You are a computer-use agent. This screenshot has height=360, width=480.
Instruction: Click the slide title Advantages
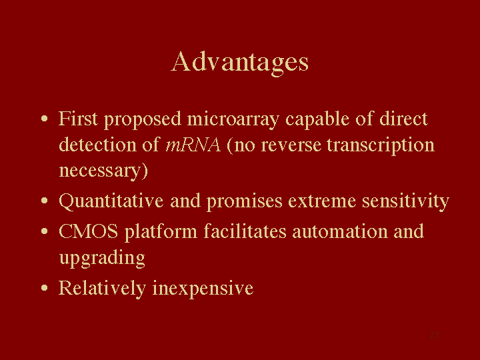pyautogui.click(x=240, y=63)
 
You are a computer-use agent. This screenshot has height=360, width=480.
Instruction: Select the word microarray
pyautogui.click(x=233, y=120)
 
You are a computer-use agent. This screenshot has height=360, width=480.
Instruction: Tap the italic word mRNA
pyautogui.click(x=193, y=145)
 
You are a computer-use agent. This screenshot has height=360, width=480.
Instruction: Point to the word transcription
pyautogui.click(x=381, y=146)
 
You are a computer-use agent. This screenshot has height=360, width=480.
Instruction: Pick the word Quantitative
pyautogui.click(x=111, y=202)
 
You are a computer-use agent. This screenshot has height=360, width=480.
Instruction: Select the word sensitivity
pyautogui.click(x=405, y=203)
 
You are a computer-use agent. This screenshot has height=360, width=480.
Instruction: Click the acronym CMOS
pyautogui.click(x=88, y=231)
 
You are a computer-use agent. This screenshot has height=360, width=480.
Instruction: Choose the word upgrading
pyautogui.click(x=102, y=259)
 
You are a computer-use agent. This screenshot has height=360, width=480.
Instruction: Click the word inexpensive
pyautogui.click(x=203, y=289)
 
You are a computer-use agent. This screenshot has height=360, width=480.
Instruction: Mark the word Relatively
pyautogui.click(x=102, y=289)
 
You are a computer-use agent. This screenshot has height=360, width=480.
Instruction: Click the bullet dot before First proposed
pyautogui.click(x=45, y=119)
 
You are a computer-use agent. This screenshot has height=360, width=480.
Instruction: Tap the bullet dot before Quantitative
pyautogui.click(x=45, y=201)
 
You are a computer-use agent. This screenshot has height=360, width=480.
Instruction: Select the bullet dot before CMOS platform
pyautogui.click(x=45, y=231)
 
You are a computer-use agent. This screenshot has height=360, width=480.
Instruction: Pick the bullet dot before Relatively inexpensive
pyautogui.click(x=45, y=288)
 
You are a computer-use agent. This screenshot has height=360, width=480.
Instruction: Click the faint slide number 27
pyautogui.click(x=434, y=335)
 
